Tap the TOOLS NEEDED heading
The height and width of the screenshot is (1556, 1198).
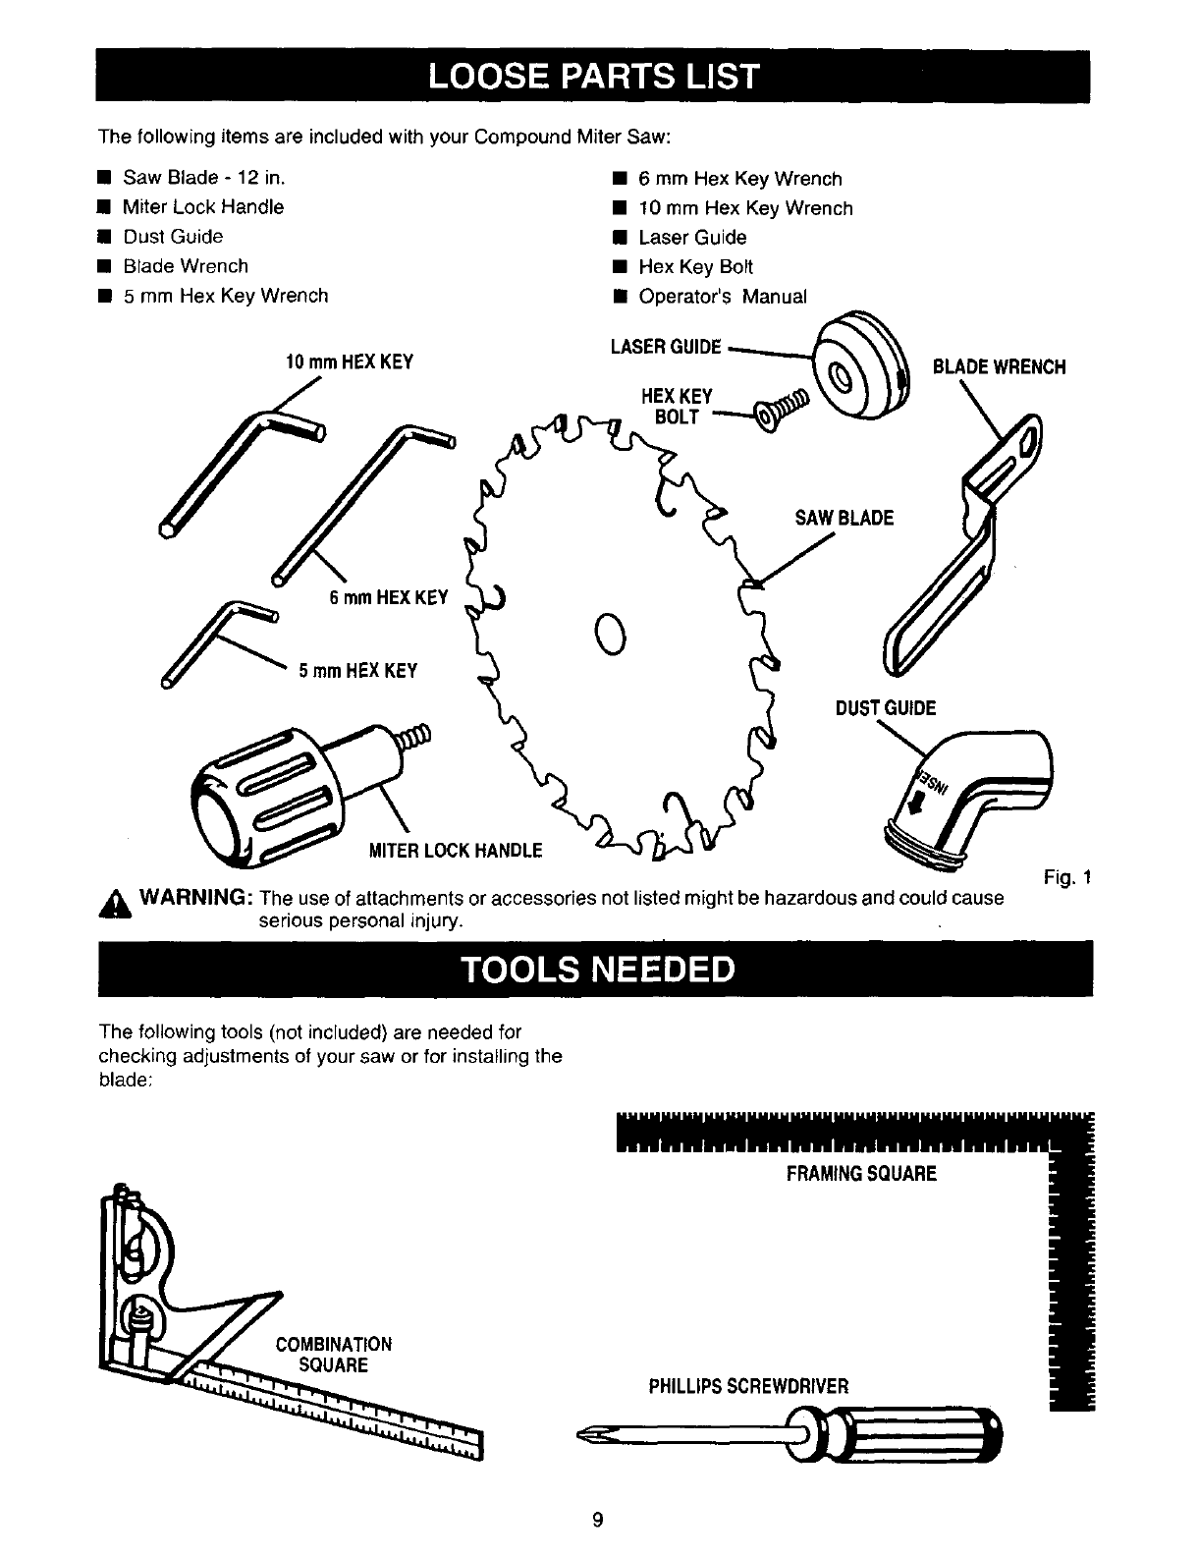[x=598, y=969]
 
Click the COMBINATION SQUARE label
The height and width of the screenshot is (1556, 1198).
[x=333, y=1355]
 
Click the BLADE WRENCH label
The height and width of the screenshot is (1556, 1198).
[x=999, y=366]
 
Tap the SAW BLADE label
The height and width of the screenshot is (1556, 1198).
[x=844, y=518]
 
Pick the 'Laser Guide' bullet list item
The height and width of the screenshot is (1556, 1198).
[x=691, y=238]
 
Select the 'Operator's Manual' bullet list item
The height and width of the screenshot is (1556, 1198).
[x=722, y=297]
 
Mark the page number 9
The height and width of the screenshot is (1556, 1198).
[x=597, y=1521]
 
